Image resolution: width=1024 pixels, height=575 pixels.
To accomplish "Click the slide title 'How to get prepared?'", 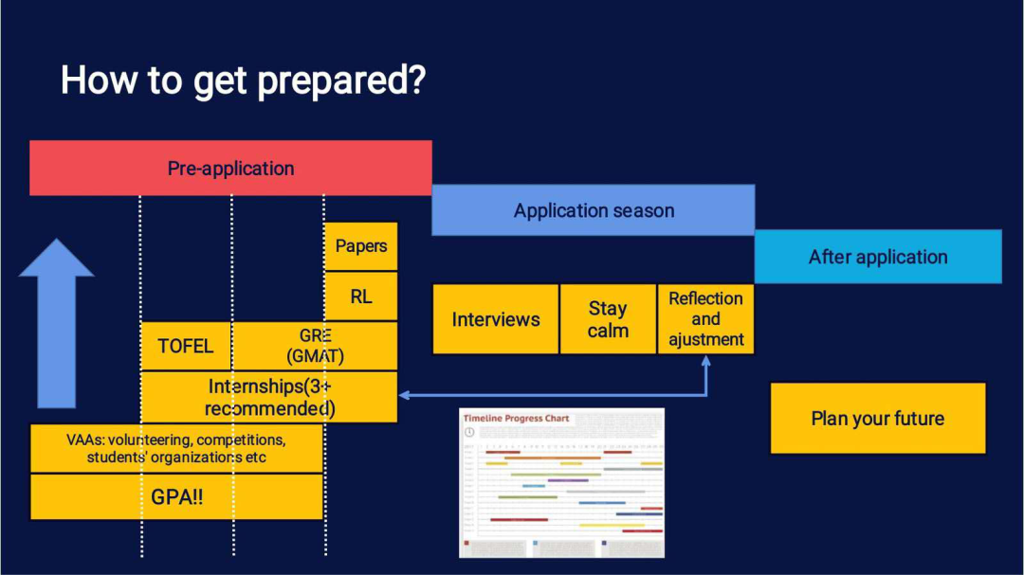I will [243, 81].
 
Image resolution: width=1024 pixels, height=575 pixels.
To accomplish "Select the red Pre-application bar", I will [230, 169].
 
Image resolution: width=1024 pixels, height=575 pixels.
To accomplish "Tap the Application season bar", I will [594, 210].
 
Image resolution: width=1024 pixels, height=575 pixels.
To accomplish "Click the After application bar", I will [878, 257].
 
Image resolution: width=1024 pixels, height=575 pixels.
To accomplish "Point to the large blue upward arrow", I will [56, 322].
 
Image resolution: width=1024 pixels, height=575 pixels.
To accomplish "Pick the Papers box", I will [361, 246].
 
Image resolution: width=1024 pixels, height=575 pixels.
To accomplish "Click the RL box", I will [361, 296].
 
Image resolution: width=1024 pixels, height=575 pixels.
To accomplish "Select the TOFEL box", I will [186, 346].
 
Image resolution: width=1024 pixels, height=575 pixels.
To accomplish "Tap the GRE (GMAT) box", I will [315, 346].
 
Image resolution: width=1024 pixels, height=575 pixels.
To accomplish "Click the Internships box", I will [269, 397].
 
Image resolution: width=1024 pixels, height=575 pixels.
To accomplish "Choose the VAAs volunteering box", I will [176, 448].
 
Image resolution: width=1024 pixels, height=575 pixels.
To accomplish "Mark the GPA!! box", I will [176, 497].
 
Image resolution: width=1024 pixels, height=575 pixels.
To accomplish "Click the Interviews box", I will [496, 319].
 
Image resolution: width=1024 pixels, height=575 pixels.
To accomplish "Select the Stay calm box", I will [608, 319].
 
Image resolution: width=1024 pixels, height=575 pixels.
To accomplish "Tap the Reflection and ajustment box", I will [706, 319].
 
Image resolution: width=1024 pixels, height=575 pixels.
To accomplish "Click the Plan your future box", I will [878, 418].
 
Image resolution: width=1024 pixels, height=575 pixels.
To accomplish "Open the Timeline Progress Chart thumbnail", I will [561, 482].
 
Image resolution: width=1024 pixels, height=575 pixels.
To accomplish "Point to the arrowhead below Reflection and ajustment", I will [705, 362].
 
